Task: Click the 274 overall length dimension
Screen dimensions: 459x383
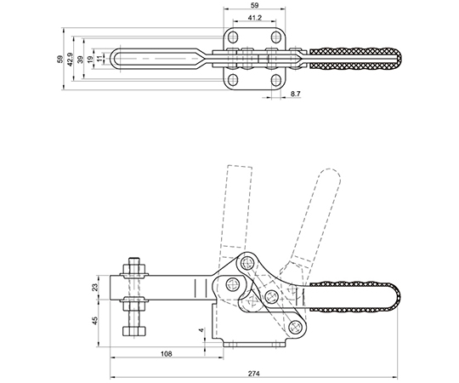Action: coord(254,374)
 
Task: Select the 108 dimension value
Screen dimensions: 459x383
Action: coord(167,354)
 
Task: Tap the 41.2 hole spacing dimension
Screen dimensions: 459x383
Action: coord(255,18)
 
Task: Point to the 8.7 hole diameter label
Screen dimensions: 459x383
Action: coord(295,94)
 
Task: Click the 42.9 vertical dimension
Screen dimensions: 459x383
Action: coord(70,60)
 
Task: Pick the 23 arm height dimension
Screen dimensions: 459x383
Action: coord(95,287)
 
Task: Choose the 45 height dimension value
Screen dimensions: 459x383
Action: coord(95,320)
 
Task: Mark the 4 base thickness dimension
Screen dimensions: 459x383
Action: coord(201,330)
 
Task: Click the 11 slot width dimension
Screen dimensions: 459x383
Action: coord(100,59)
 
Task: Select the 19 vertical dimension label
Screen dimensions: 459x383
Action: coord(90,59)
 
